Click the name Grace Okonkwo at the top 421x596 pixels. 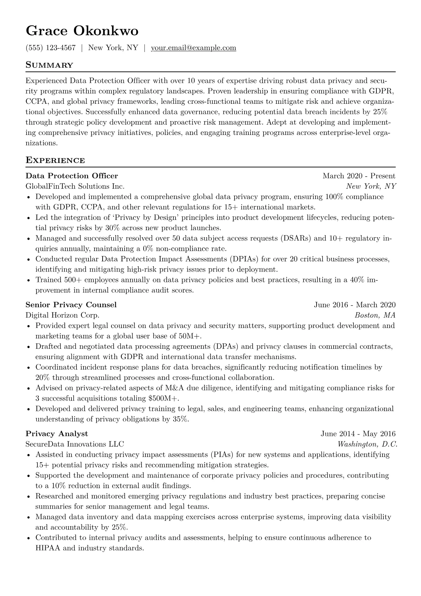[82, 31]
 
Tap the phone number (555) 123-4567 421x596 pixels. [51, 48]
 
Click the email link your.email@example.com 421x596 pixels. [194, 48]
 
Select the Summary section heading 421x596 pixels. [49, 65]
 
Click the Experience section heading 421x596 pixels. [55, 160]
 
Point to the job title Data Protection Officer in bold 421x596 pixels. [72, 176]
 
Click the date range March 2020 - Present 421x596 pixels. [359, 176]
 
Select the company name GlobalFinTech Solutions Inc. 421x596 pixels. [75, 186]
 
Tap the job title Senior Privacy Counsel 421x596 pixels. [71, 305]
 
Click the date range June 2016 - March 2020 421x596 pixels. [354, 305]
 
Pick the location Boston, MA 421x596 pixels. [375, 315]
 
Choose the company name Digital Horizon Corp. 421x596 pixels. [63, 315]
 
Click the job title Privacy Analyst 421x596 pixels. [57, 434]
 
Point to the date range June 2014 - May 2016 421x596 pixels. [358, 434]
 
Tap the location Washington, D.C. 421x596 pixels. [367, 444]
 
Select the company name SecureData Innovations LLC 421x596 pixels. [75, 444]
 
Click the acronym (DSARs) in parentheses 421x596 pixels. [296, 238]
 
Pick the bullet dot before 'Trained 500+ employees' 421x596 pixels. [29, 280]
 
